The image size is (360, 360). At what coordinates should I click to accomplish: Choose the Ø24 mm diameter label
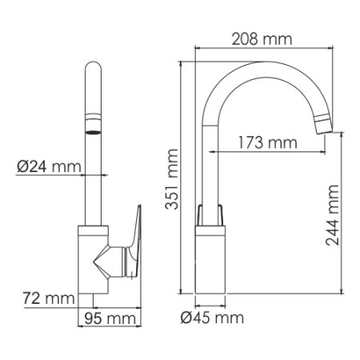(50, 167)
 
